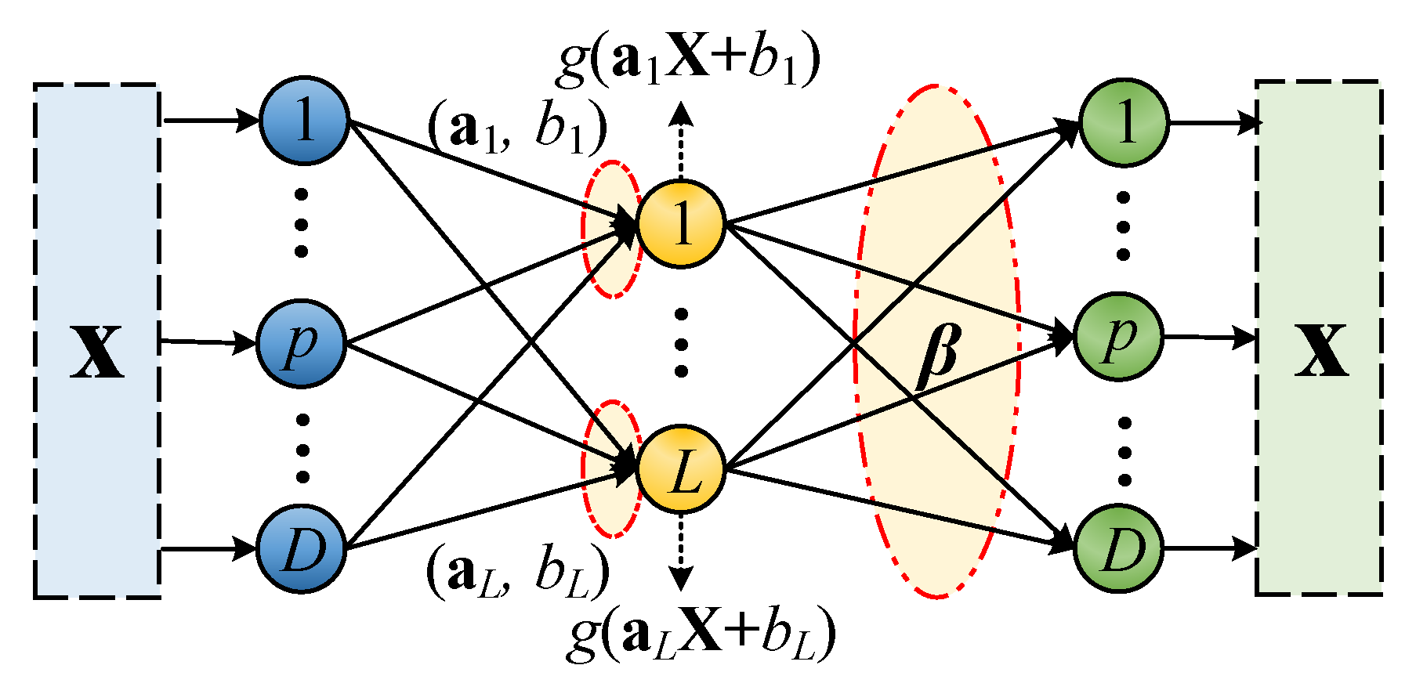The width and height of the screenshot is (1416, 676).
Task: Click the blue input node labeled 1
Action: point(304,121)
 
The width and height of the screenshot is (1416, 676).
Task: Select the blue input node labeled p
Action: point(302,343)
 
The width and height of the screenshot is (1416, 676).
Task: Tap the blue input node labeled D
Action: point(302,548)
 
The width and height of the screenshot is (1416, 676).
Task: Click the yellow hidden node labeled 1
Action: point(681,225)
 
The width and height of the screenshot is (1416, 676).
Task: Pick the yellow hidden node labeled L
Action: point(681,470)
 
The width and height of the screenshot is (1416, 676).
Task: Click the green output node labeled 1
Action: point(1124,122)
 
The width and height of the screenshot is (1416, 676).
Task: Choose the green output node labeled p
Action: point(1118,338)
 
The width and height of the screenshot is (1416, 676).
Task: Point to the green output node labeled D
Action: point(1118,548)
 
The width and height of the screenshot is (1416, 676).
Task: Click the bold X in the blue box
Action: point(97,352)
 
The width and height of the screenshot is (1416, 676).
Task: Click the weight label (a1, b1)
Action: point(517,128)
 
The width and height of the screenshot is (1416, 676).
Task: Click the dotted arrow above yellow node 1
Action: point(681,141)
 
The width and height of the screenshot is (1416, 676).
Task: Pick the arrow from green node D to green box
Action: point(1211,548)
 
